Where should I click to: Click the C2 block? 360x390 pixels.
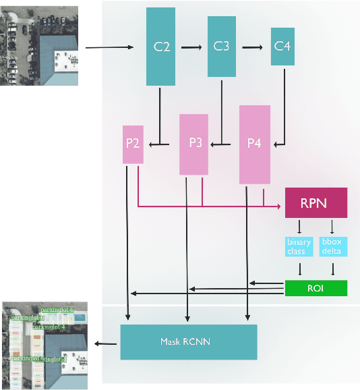click(161, 47)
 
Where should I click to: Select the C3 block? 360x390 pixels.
click(222, 47)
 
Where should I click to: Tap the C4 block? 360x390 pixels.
click(282, 47)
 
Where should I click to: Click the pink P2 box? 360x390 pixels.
click(133, 144)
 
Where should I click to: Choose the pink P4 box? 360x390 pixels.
click(254, 144)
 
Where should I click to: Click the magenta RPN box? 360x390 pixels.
click(316, 203)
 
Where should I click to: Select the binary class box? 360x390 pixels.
click(299, 246)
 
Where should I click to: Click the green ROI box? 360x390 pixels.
click(316, 288)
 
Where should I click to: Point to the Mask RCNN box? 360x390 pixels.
click(189, 342)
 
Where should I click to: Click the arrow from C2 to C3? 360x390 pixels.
click(191, 47)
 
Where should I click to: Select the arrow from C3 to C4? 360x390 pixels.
click(252, 47)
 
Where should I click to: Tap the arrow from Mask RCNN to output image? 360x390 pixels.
click(104, 343)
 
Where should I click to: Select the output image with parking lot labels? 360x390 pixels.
click(44, 345)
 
